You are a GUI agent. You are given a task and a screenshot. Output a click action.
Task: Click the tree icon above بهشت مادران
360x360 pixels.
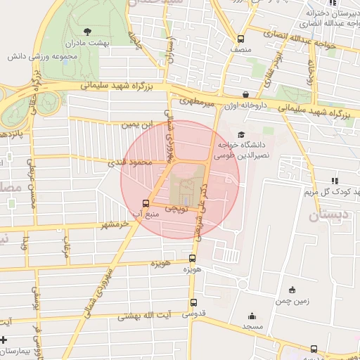87,32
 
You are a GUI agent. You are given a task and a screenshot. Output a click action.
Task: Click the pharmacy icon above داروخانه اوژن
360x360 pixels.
245,94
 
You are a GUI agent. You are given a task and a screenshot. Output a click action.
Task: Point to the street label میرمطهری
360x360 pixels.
195,101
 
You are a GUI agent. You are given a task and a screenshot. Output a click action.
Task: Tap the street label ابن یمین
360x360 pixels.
136,124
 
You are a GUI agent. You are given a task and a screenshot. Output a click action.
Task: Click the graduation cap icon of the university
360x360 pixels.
241,134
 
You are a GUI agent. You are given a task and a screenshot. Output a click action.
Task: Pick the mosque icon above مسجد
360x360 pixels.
252,316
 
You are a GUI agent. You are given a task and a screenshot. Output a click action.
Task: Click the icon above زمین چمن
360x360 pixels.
292,290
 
